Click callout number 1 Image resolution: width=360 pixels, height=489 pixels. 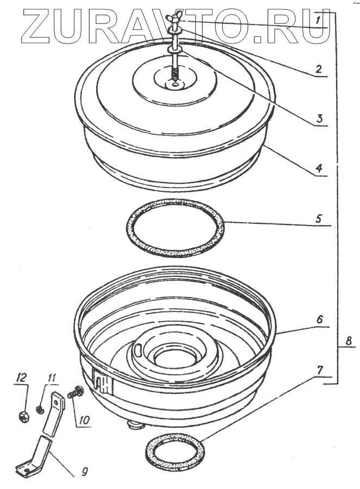pos(320,20)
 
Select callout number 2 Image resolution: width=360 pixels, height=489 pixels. pos(319,69)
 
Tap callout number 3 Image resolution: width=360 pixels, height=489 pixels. pos(320,118)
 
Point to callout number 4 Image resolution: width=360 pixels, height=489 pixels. pos(320,167)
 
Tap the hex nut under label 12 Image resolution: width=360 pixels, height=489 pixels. pos(23,417)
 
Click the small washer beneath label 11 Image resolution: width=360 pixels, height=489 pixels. pos(40,409)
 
